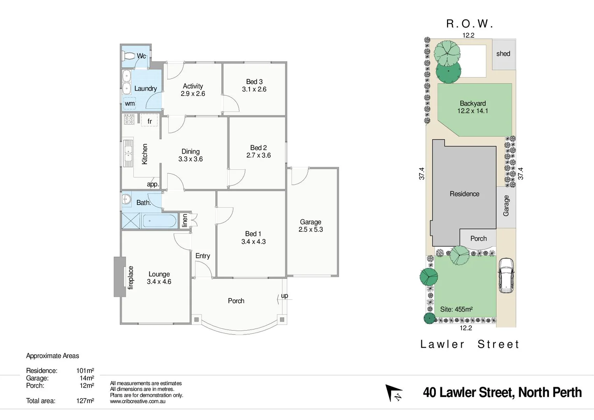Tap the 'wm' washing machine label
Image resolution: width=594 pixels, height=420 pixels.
[130, 103]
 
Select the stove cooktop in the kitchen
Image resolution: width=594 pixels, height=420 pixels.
[129, 119]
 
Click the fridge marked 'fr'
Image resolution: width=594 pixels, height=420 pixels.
[149, 121]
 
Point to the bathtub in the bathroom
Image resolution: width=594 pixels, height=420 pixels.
[159, 221]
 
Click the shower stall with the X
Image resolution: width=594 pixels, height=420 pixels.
[131, 221]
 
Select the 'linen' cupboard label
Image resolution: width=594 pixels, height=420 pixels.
[185, 220]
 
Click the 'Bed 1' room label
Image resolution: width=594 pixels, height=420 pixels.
[253, 234]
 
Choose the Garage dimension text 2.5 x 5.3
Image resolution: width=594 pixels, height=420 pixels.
[311, 229]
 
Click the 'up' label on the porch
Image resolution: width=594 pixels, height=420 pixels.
[285, 296]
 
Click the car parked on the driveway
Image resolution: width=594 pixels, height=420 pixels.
[506, 275]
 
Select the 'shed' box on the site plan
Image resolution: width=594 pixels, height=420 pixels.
[503, 54]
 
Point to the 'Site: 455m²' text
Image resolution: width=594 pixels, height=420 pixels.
[456, 310]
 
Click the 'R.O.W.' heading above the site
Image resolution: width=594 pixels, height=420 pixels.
[469, 24]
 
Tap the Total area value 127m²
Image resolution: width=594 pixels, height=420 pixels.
[85, 401]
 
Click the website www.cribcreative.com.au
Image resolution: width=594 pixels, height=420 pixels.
[138, 401]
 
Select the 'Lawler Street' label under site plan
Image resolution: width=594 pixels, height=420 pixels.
[470, 344]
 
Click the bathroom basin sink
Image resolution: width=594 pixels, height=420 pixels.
[126, 199]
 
